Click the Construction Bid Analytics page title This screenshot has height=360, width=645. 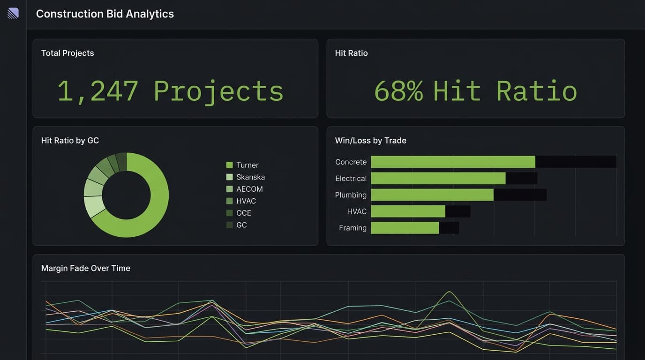[x=105, y=14]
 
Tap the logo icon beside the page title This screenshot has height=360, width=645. [x=13, y=13]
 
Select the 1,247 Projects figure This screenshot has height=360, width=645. [x=170, y=90]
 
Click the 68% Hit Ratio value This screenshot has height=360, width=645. [x=475, y=90]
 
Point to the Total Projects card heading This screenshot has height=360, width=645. [x=67, y=53]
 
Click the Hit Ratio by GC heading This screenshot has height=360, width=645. [x=70, y=140]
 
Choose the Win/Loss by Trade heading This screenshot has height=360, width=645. [x=370, y=140]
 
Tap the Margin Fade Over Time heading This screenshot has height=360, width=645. [x=86, y=268]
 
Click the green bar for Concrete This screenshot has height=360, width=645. [x=453, y=162]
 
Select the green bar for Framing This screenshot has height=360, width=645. [x=405, y=228]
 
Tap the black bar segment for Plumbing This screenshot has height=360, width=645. [x=520, y=195]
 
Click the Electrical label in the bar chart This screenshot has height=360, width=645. [x=351, y=179]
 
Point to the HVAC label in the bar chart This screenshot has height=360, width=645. [x=357, y=211]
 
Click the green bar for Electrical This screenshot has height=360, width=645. [x=438, y=178]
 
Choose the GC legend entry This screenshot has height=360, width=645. [x=241, y=225]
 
